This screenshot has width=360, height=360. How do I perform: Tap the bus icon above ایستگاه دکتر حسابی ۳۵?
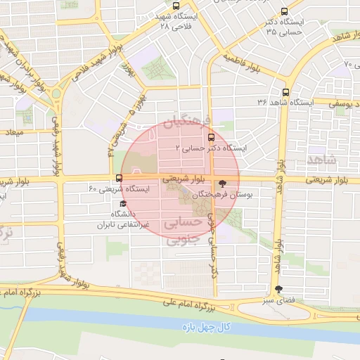point(284,12)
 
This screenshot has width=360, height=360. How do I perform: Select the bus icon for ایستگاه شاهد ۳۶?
point(285,91)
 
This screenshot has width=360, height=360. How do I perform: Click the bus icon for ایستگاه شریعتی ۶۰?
point(118,178)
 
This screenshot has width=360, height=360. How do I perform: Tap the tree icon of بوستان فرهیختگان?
point(224,181)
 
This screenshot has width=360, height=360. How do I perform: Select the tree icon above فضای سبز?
point(280,289)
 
